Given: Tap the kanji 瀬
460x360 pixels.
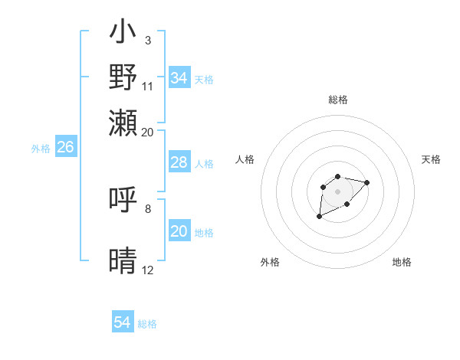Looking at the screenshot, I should (123, 120).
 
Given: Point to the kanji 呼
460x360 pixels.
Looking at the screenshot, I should (123, 200).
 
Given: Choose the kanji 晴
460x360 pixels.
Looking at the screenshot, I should (123, 261).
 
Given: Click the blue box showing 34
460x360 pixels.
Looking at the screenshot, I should (179, 78).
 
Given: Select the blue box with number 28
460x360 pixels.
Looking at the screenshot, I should (179, 162).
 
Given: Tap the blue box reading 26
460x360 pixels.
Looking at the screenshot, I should (65, 147).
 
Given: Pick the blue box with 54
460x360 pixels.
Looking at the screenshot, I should (123, 322).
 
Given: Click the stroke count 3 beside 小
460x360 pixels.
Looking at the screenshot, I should (148, 39).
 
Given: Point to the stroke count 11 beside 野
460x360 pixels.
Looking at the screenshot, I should (148, 85).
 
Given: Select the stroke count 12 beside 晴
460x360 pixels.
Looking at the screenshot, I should (148, 270).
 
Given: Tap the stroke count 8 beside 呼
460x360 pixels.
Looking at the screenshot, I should (148, 208).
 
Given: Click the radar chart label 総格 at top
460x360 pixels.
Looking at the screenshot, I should (338, 100).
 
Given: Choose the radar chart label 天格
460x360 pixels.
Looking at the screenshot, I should (431, 159).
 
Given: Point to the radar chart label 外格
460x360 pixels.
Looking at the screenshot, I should (270, 262).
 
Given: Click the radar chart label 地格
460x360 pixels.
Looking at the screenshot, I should (402, 262).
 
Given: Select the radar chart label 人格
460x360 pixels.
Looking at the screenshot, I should (245, 159).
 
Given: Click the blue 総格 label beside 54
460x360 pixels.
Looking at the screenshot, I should (147, 324).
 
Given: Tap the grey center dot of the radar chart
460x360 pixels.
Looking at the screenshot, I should (337, 191).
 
